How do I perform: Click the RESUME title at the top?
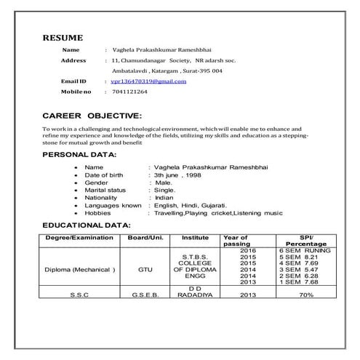(63, 37)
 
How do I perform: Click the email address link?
(148, 81)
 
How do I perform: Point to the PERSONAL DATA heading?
(79, 155)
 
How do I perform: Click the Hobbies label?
(97, 213)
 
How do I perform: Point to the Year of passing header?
(236, 241)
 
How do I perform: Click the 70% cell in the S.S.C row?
(306, 295)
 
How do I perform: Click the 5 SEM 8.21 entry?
(299, 257)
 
